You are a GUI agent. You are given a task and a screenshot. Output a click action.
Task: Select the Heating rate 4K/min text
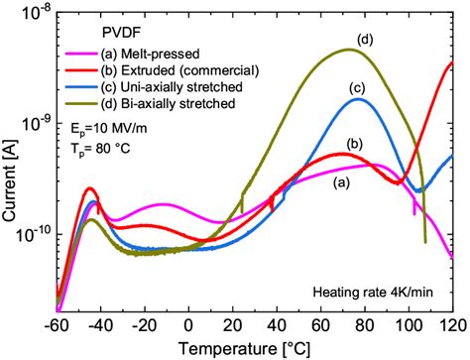pyautogui.click(x=372, y=292)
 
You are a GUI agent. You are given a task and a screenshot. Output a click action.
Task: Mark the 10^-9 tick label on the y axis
pyautogui.click(x=36, y=124)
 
